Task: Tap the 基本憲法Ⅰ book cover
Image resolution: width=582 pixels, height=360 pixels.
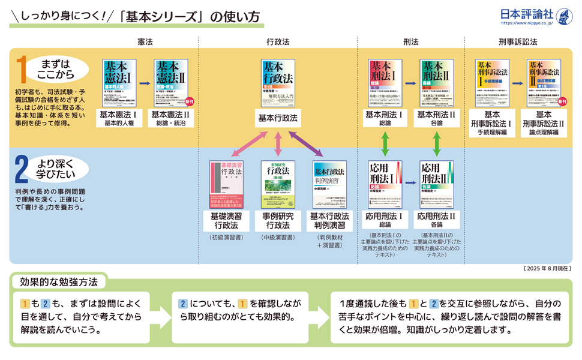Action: pyautogui.click(x=119, y=83)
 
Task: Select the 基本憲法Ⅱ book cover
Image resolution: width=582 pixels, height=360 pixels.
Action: pyautogui.click(x=171, y=83)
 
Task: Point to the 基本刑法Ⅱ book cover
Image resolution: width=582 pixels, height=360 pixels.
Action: pyautogui.click(x=436, y=83)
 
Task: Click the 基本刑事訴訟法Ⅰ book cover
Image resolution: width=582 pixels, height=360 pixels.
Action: pyautogui.click(x=492, y=83)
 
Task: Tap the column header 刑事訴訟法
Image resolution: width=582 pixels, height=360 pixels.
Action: pyautogui.click(x=518, y=42)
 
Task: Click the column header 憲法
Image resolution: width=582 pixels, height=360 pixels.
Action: pyautogui.click(x=145, y=42)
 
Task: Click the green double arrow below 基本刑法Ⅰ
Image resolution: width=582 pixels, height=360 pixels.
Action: pyautogui.click(x=385, y=144)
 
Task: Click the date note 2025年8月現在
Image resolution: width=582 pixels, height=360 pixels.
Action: pyautogui.click(x=547, y=268)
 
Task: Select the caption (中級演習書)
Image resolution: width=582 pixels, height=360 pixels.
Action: pyautogui.click(x=278, y=238)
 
